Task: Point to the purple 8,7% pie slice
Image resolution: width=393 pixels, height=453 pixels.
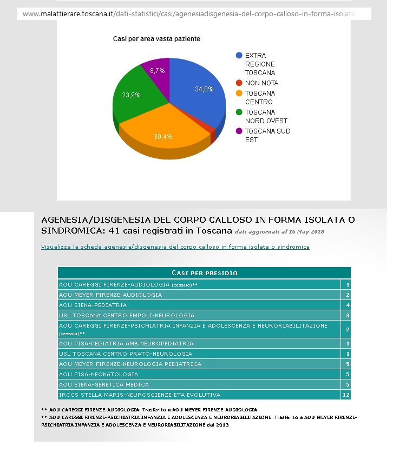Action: tap(157, 70)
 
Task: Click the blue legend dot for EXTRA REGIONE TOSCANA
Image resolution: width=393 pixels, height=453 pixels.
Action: tap(239, 56)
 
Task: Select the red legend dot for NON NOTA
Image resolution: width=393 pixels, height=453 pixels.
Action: tap(239, 83)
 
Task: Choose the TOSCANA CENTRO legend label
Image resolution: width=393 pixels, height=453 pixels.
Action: tap(259, 98)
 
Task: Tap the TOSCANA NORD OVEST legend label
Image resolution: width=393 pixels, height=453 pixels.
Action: tap(266, 117)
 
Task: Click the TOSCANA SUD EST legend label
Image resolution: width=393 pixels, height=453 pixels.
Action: tap(267, 136)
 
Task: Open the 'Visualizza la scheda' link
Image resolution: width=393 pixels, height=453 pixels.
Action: tap(175, 247)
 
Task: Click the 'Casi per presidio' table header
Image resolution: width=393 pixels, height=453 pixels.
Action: tap(204, 273)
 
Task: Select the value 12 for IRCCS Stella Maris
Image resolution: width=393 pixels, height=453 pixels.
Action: tap(346, 395)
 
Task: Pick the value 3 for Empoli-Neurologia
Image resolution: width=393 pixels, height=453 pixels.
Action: tap(348, 315)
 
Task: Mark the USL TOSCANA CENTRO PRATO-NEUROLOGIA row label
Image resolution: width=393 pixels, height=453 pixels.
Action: tap(117, 354)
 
